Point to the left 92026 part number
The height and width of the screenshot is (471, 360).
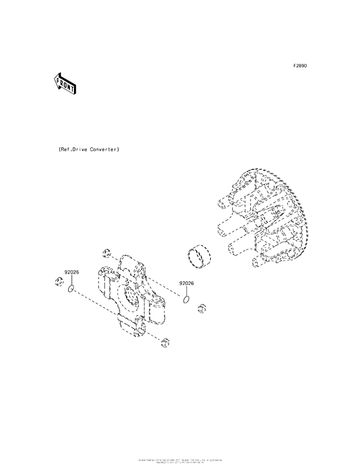[x=71, y=272]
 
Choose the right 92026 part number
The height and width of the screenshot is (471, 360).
[x=186, y=283]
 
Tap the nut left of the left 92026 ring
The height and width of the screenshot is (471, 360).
[x=57, y=281]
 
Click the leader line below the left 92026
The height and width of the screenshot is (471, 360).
[x=71, y=281]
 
